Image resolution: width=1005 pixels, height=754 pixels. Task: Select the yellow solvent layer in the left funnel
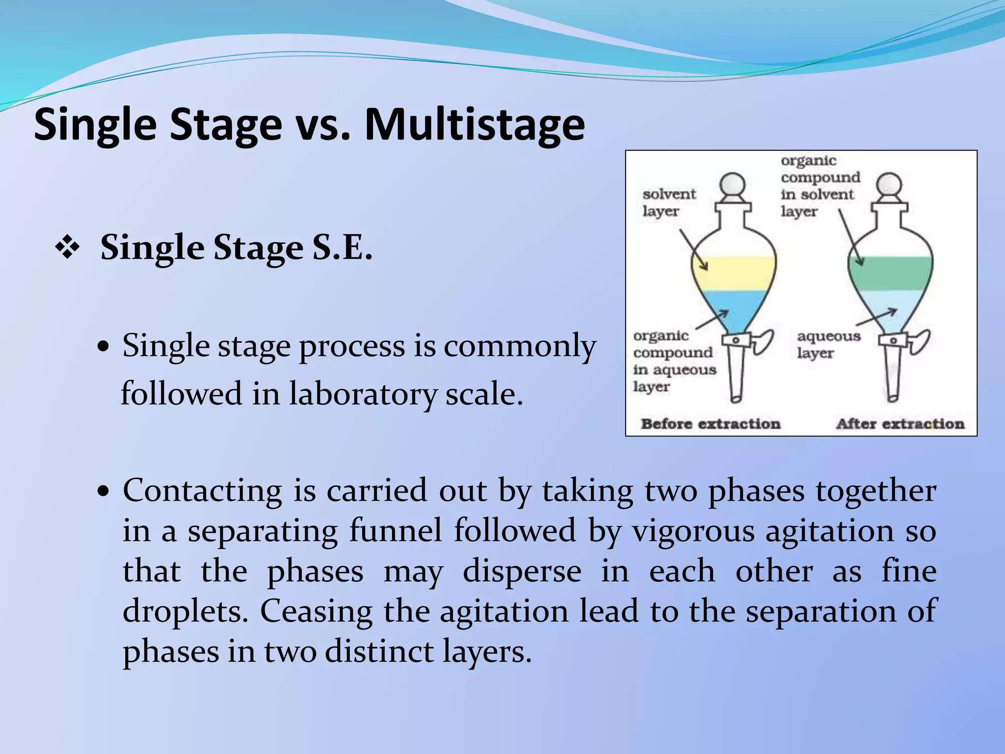[734, 273]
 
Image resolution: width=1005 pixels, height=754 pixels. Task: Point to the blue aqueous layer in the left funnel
[734, 309]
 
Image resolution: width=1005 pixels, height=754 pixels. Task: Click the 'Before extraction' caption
[710, 424]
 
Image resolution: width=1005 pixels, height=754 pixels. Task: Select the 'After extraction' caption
[900, 424]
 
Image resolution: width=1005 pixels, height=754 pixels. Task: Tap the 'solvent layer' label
[668, 202]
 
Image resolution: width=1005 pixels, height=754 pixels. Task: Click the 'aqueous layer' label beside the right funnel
[828, 344]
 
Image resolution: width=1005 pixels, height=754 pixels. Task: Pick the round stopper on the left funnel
[733, 186]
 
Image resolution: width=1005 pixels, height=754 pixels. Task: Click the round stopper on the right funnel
[889, 186]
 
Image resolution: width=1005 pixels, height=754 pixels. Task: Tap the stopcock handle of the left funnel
[762, 341]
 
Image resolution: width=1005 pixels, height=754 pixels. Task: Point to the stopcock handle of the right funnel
[919, 341]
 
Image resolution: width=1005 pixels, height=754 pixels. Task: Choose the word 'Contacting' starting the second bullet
[202, 490]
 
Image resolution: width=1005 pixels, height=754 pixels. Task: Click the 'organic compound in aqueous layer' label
[673, 361]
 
